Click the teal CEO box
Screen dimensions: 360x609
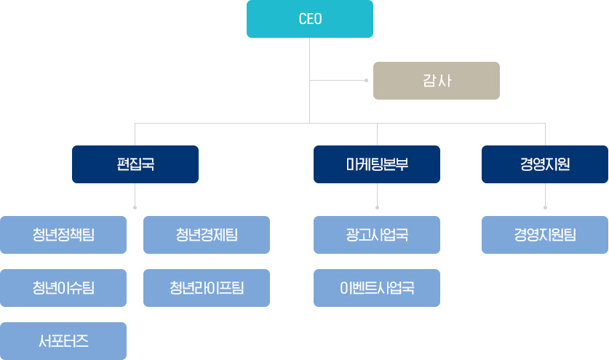(309, 19)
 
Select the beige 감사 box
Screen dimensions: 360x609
(436, 80)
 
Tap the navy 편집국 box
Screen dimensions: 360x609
(135, 164)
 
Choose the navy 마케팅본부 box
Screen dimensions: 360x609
(377, 164)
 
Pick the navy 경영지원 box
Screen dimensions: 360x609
(545, 164)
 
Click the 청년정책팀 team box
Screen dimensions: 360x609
(63, 234)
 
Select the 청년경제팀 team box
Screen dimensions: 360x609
(207, 234)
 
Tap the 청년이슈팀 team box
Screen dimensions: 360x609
(63, 287)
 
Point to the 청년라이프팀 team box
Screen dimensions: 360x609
(207, 287)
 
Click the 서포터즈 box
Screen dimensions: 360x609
(63, 340)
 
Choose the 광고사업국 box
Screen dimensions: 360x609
(377, 234)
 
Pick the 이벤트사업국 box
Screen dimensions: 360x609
(377, 287)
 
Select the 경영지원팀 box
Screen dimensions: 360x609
(545, 234)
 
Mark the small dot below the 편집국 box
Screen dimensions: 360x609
(135, 207)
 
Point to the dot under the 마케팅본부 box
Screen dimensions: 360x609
(377, 207)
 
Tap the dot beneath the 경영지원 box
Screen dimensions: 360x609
(545, 207)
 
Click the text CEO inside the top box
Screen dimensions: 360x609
(310, 19)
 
